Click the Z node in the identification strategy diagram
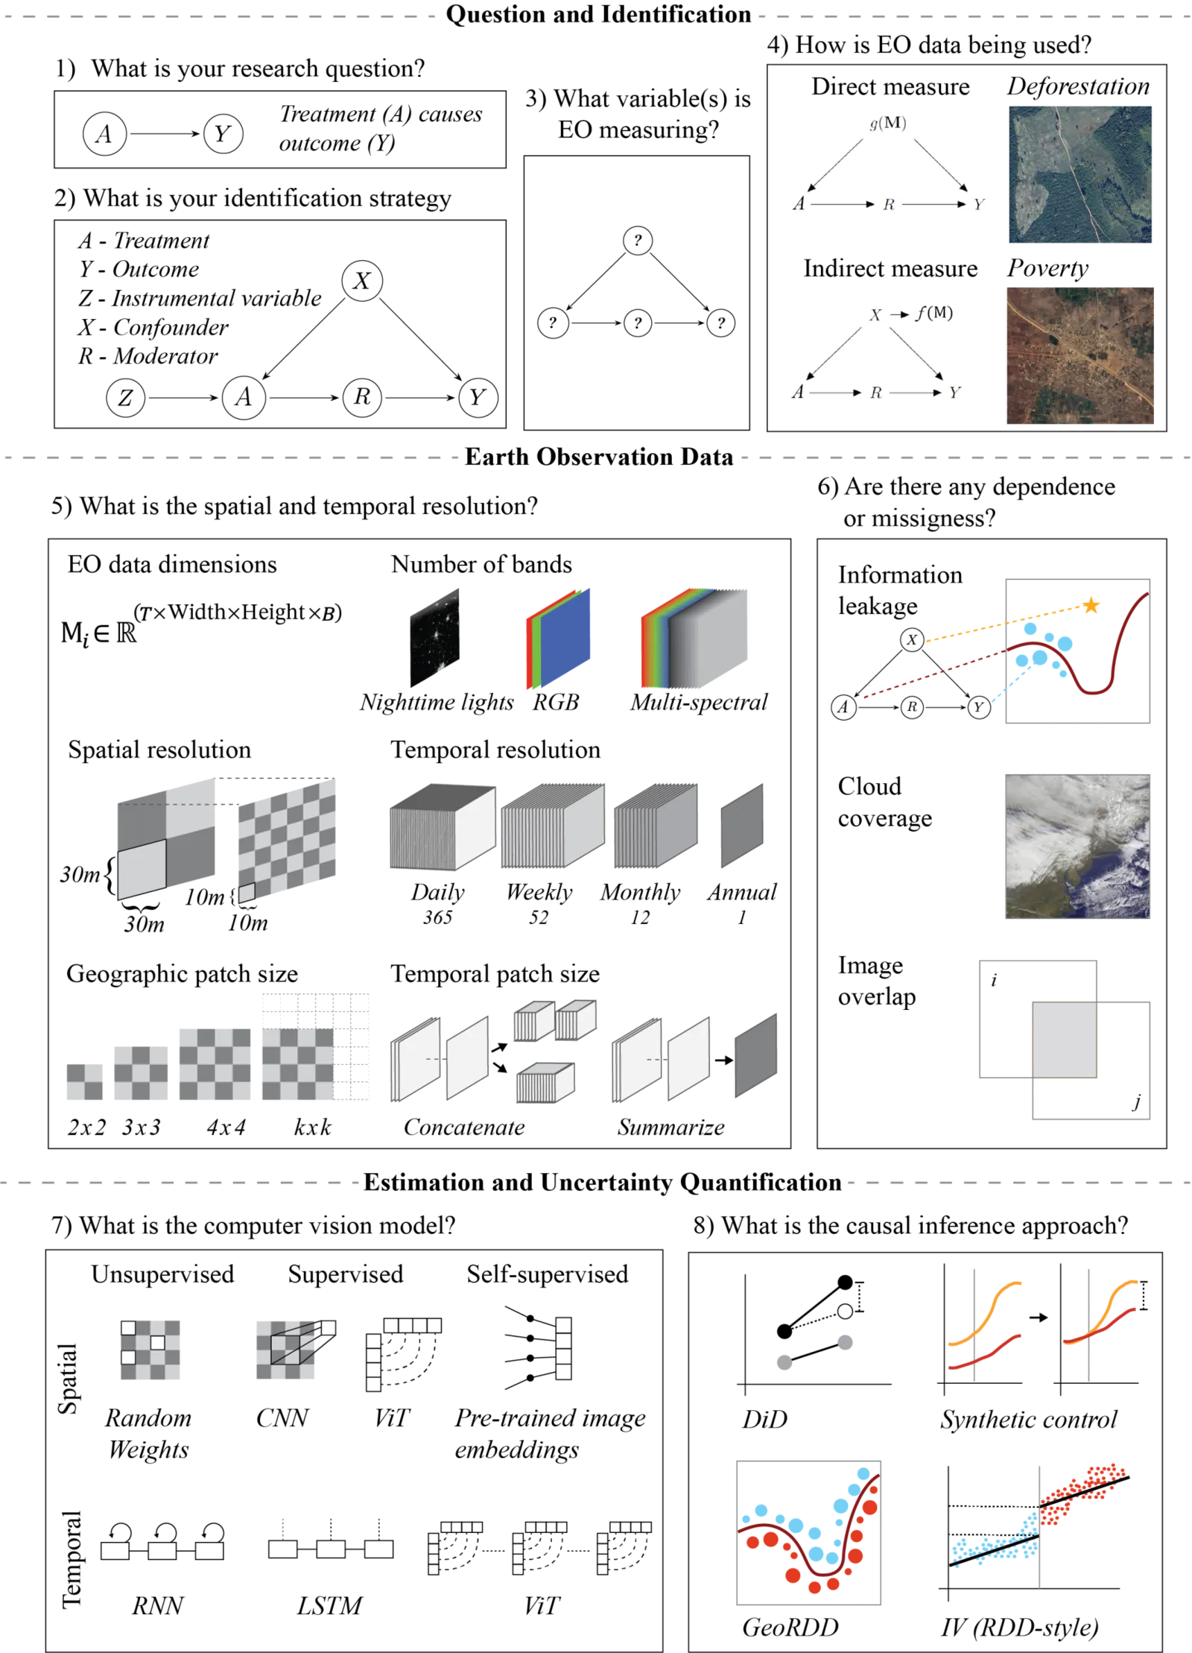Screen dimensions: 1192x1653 coord(125,397)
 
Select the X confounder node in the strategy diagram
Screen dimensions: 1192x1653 coord(362,280)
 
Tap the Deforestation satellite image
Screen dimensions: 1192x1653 coord(1080,174)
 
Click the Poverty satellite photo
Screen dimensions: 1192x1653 coord(1080,355)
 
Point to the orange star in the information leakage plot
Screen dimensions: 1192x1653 coord(1091,605)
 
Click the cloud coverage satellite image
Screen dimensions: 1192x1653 coord(1077,846)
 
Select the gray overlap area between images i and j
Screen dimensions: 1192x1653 coord(1064,1039)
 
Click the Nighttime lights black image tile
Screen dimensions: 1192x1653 coord(434,637)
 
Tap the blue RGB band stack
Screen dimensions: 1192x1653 coord(565,638)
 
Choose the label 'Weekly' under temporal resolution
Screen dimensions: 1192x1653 coord(539,891)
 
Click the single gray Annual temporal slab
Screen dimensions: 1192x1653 coord(742,826)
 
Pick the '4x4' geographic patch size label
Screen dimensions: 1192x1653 coord(226,1127)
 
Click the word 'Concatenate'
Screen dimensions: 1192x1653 coord(464,1127)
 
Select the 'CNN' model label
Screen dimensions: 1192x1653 coord(282,1417)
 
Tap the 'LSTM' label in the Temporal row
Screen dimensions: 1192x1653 coord(329,1605)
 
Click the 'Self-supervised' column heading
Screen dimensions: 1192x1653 coord(547,1274)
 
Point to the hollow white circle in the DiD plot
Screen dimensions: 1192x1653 coord(844,1311)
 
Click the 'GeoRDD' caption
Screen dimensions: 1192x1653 coord(790,1627)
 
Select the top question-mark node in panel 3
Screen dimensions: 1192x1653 coord(637,240)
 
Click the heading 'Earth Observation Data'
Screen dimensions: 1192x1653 coord(599,457)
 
